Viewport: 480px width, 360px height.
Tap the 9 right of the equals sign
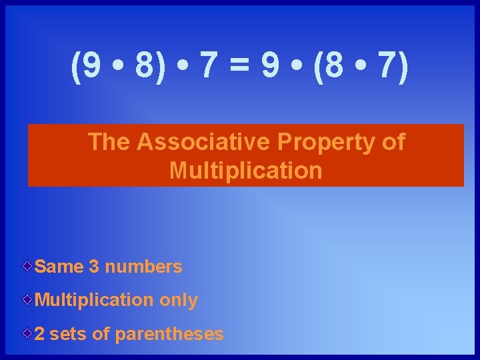[270, 67]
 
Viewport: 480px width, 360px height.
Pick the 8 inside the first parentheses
[141, 67]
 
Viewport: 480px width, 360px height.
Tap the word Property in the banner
[316, 143]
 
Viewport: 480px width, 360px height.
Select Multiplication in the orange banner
[245, 171]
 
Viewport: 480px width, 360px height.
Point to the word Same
[59, 267]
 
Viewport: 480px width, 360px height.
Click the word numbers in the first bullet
[143, 267]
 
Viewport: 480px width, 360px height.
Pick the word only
[179, 301]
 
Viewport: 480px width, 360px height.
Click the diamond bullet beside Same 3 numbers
[27, 266]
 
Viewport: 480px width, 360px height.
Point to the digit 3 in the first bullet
[94, 267]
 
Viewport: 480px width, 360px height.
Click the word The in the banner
[109, 142]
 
